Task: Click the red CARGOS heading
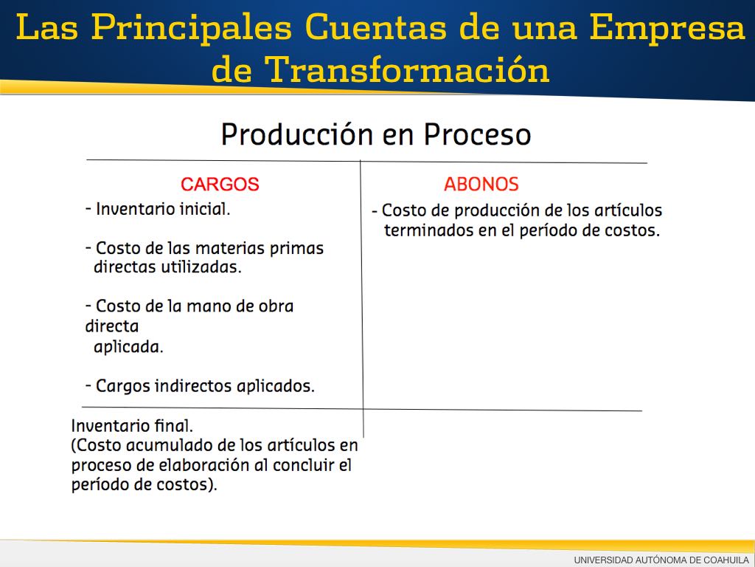[220, 184]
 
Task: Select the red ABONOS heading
[481, 184]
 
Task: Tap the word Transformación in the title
[407, 69]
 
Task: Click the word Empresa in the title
[667, 27]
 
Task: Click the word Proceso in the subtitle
[477, 134]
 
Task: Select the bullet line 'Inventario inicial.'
[158, 209]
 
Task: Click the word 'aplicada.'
[128, 347]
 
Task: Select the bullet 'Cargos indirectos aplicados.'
[200, 386]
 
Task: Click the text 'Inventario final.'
[132, 426]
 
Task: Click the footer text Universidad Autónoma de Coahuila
[661, 560]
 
